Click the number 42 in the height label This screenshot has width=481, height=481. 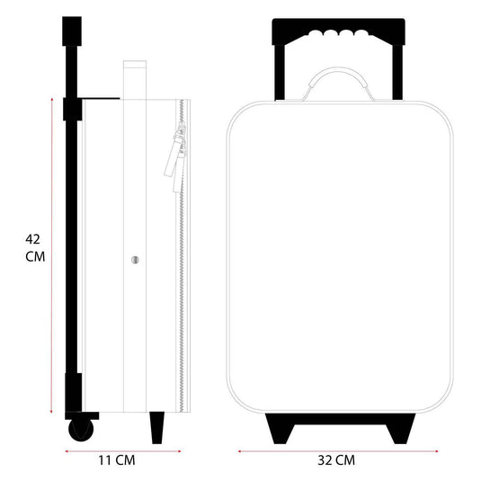click(33, 240)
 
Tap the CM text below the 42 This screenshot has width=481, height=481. click(33, 256)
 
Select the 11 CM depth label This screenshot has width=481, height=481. click(116, 460)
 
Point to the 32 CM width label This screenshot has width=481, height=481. click(336, 460)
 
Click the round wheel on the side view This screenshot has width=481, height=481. click(82, 427)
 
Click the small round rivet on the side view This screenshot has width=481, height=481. click(135, 259)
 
